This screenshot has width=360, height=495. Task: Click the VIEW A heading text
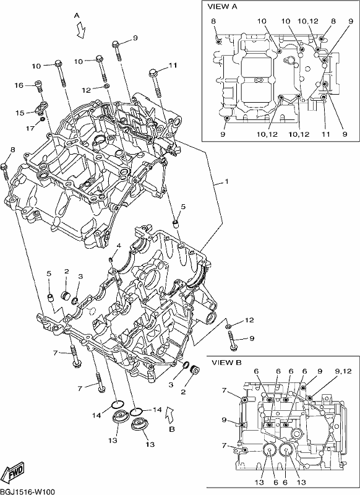(x=222, y=7)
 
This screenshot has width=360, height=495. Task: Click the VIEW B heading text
(x=226, y=363)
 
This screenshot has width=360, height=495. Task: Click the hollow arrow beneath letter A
(x=81, y=30)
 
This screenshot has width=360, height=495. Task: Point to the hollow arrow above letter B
(x=169, y=414)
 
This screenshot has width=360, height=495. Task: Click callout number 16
(x=19, y=85)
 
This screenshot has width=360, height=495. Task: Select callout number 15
(x=20, y=113)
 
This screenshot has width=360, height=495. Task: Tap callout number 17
(x=30, y=129)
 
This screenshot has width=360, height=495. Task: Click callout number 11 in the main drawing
(x=173, y=66)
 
